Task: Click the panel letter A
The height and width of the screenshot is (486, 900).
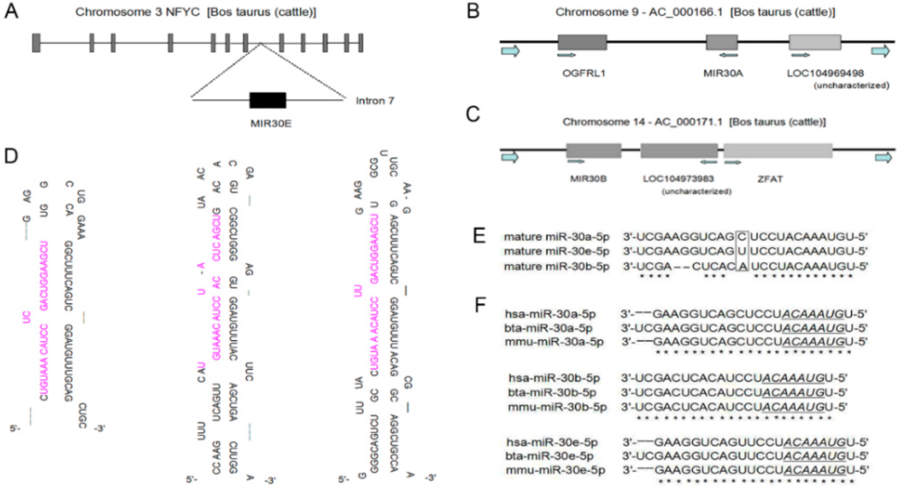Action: [x=11, y=11]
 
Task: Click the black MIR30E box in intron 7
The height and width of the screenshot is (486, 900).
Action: [x=267, y=100]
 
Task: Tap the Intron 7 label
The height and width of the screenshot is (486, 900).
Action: [x=375, y=101]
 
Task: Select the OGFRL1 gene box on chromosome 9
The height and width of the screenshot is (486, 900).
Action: [x=582, y=42]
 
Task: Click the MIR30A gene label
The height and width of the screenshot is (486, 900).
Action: [x=722, y=73]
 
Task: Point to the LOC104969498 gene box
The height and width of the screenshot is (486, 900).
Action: [x=815, y=42]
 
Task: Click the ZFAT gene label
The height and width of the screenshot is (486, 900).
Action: [x=770, y=179]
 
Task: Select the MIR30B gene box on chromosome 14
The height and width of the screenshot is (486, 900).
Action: [x=593, y=150]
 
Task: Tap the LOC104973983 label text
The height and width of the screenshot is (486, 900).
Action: [x=678, y=179]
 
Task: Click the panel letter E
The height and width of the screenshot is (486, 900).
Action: [x=479, y=236]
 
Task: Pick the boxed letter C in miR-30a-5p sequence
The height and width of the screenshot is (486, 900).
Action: [x=741, y=237]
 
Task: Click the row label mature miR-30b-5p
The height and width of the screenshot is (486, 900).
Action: [x=556, y=266]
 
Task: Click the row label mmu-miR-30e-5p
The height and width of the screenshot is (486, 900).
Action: [x=555, y=470]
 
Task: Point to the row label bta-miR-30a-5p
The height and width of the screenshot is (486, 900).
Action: [x=548, y=328]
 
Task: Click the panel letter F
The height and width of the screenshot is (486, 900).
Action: [x=480, y=305]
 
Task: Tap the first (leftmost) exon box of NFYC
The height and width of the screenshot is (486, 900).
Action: [x=36, y=43]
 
